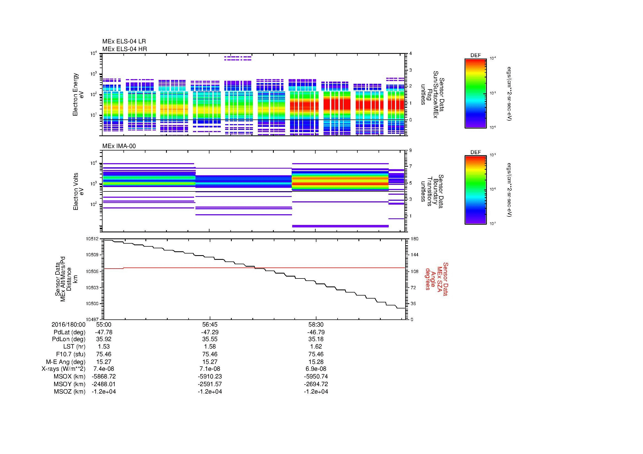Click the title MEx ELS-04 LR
click(124, 41)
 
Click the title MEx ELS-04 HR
click(125, 49)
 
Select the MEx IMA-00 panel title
click(119, 146)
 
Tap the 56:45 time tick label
click(210, 325)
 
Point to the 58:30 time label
click(316, 325)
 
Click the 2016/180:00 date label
click(68, 325)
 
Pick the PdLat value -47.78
click(104, 332)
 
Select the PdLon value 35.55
click(210, 339)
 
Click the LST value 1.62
click(316, 347)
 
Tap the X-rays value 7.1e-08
click(210, 369)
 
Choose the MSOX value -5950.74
click(316, 377)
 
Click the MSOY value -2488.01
click(104, 384)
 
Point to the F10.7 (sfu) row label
click(71, 354)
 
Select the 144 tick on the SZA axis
click(414, 255)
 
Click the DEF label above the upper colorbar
click(476, 56)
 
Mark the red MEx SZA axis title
click(437, 279)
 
